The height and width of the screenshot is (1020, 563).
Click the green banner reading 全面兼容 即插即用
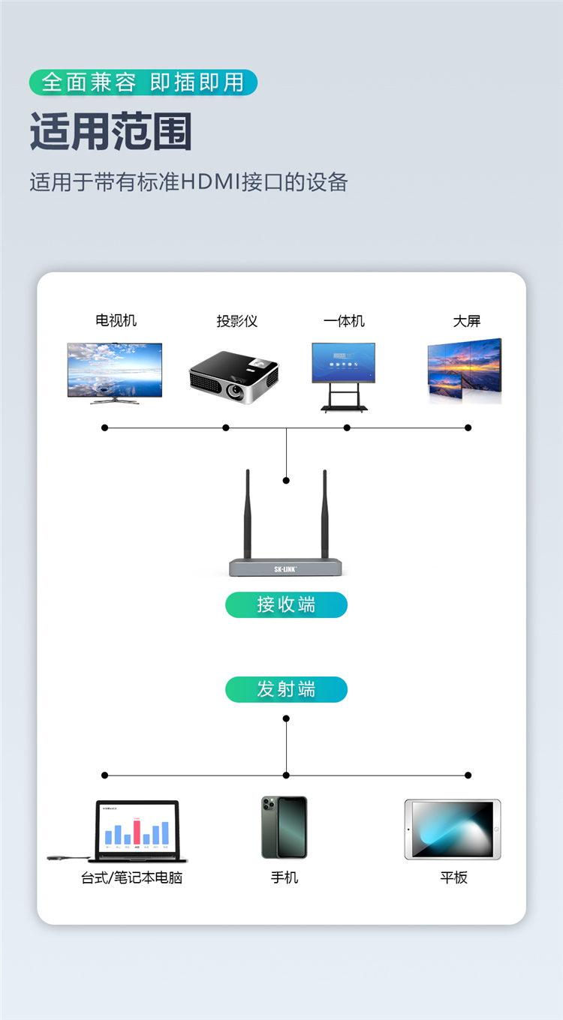click(143, 82)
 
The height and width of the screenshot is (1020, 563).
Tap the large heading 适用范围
click(111, 132)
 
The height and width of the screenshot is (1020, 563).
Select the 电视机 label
click(116, 320)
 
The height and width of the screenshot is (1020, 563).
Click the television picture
click(114, 371)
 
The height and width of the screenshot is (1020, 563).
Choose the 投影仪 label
click(236, 321)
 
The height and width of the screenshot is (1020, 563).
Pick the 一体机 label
click(344, 321)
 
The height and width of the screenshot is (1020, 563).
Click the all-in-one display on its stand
click(344, 375)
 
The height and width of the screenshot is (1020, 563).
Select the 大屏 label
click(466, 321)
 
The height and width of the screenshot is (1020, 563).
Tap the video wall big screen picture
click(464, 371)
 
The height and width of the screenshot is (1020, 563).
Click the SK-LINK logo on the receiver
click(285, 569)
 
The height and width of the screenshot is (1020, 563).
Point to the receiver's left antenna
click(247, 514)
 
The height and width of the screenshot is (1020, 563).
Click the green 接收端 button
click(286, 604)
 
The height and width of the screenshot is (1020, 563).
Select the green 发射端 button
click(286, 689)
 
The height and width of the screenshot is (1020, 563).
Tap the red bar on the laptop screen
click(137, 832)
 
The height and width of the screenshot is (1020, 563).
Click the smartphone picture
click(285, 827)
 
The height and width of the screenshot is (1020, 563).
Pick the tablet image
click(452, 829)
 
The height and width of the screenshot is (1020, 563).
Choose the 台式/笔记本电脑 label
click(131, 877)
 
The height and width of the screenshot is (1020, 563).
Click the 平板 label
click(453, 877)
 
